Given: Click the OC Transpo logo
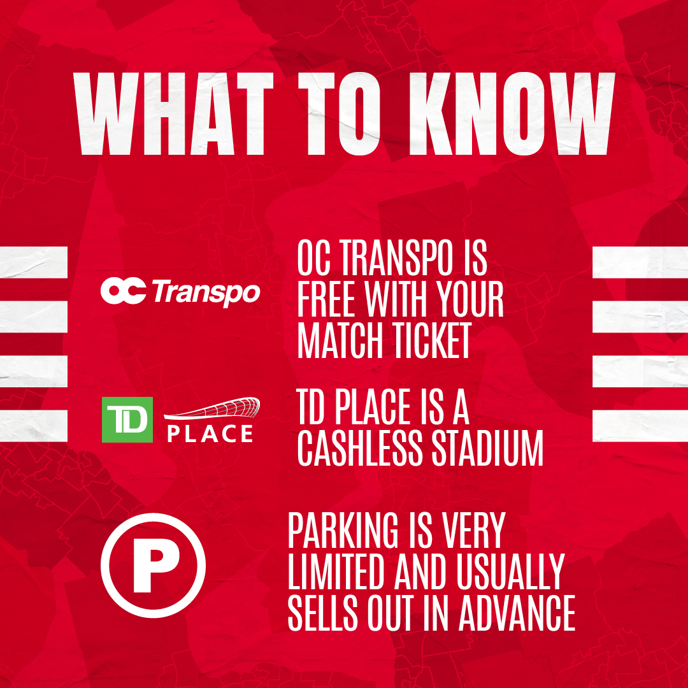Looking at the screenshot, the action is click(180, 291).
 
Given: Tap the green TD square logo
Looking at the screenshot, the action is click(127, 419).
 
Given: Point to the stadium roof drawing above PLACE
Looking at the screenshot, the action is click(212, 408).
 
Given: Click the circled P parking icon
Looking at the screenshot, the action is click(153, 565).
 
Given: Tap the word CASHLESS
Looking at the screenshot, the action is click(359, 448).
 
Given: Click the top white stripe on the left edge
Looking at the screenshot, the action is click(34, 262).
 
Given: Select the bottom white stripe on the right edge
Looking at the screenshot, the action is click(640, 426).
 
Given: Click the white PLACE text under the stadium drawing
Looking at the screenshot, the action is click(210, 434).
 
